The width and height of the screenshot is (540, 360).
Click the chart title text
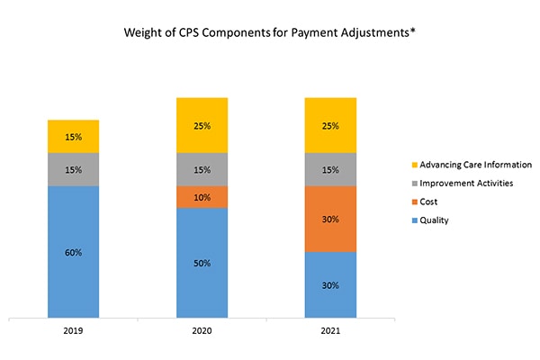[x=269, y=34]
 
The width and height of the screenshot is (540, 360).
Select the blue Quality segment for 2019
[x=74, y=270]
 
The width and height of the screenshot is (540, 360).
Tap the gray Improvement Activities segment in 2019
[x=74, y=169]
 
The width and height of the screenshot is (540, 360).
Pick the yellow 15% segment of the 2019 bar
[x=74, y=136]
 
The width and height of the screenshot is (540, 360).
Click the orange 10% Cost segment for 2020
[x=202, y=197]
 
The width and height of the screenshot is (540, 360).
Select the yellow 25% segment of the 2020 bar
[x=202, y=125]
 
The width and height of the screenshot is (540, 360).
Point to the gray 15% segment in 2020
[x=202, y=169]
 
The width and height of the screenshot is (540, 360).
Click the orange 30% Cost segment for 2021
[x=331, y=219]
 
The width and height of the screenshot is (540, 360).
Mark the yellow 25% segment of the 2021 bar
[x=331, y=125]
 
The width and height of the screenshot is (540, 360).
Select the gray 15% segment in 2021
[x=331, y=169]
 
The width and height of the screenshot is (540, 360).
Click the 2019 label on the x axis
[x=74, y=330]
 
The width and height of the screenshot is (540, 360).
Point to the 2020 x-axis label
[x=202, y=330]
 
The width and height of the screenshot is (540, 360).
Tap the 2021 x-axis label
[x=331, y=330]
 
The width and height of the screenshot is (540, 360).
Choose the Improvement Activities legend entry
[x=463, y=183]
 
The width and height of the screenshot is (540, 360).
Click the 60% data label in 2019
[x=74, y=253]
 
